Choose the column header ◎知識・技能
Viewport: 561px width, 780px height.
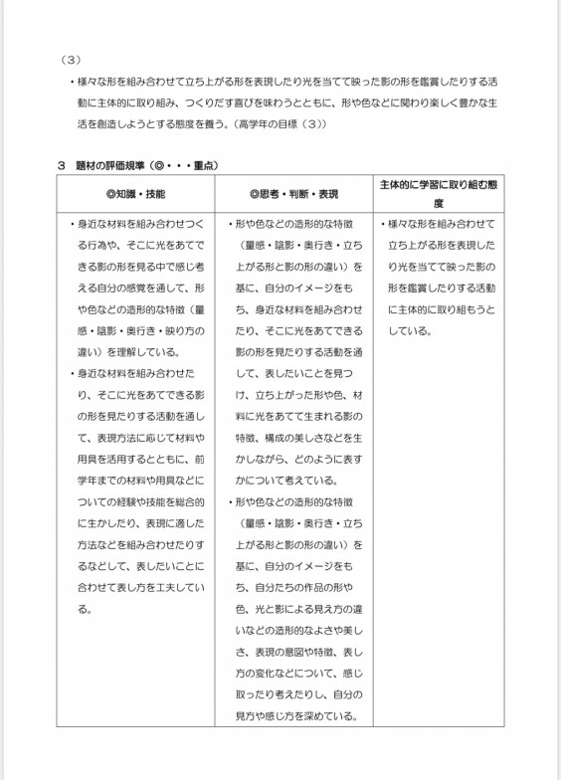137,192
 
